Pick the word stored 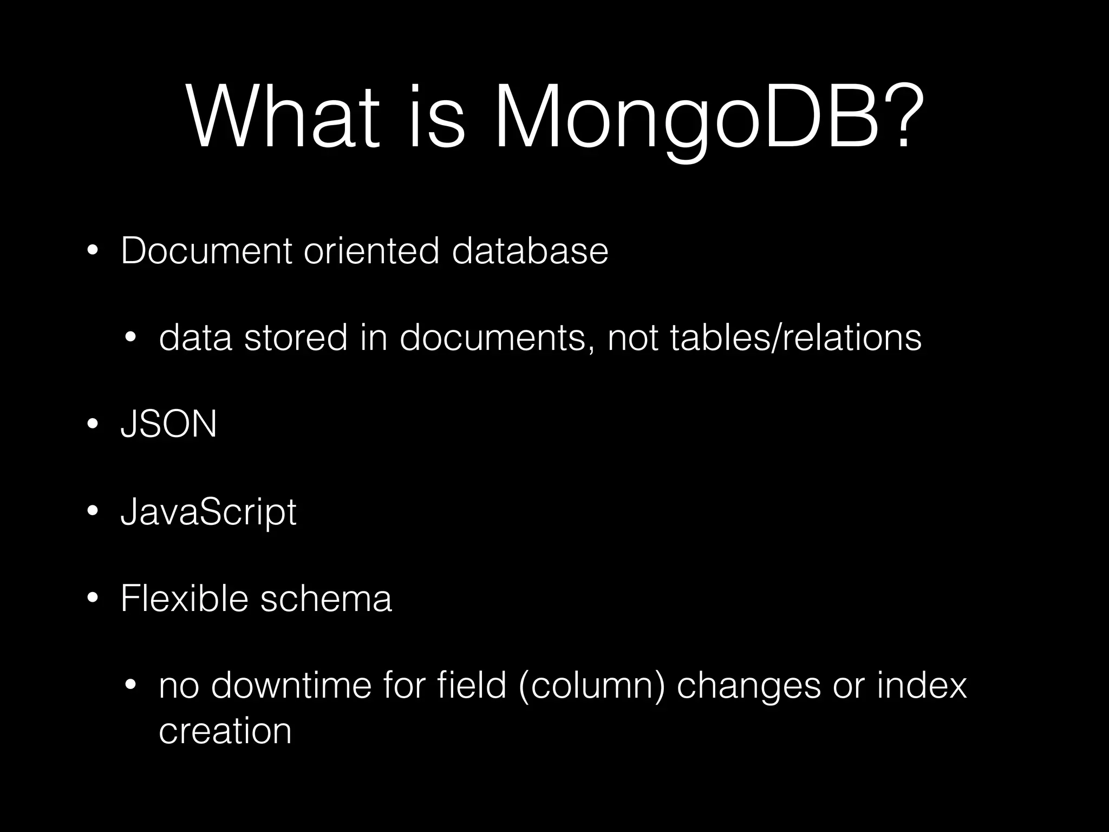[296, 337]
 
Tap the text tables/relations [795, 337]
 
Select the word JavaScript [208, 512]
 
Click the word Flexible [184, 599]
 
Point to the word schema [326, 599]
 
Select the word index [922, 685]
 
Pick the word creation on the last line [225, 731]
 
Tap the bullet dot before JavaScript [93, 511]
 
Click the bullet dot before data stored [130, 338]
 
